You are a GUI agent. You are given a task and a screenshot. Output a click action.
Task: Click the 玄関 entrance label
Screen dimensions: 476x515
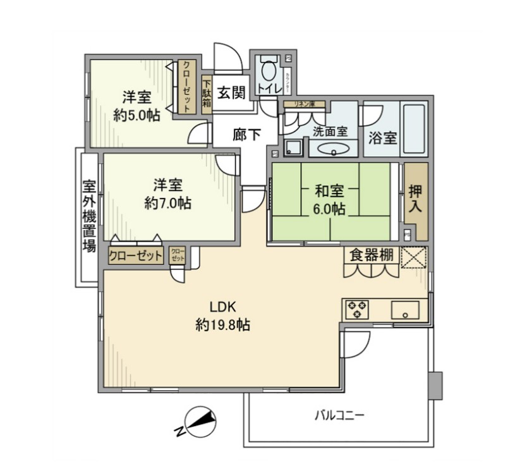click(x=231, y=93)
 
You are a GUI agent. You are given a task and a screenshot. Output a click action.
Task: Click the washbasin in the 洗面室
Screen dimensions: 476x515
click(x=333, y=149)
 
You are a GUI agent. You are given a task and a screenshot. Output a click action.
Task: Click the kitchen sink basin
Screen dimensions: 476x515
click(x=404, y=310)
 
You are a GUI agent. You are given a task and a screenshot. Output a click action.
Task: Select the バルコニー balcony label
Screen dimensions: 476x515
click(x=339, y=416)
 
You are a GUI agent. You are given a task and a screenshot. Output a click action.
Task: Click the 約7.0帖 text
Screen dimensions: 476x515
click(x=167, y=203)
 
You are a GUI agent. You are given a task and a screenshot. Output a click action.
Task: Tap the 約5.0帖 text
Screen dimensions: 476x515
click(x=136, y=115)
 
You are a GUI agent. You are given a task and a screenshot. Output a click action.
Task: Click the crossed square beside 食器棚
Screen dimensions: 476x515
click(x=415, y=257)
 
